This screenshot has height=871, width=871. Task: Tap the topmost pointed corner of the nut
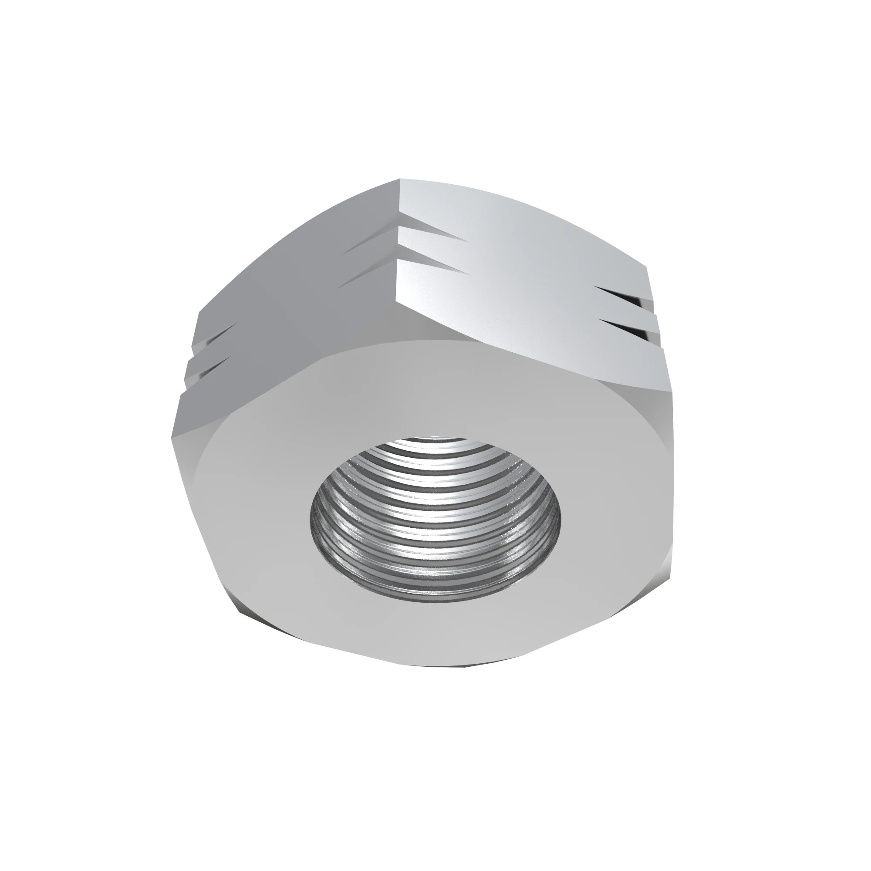tap(399, 180)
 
